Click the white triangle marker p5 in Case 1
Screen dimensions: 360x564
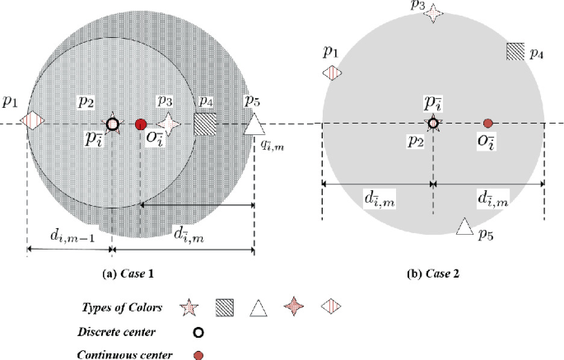pyautogui.click(x=255, y=124)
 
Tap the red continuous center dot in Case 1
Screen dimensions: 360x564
pyautogui.click(x=141, y=124)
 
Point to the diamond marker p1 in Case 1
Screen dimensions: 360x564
pyautogui.click(x=31, y=124)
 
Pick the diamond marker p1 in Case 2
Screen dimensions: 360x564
pyautogui.click(x=332, y=74)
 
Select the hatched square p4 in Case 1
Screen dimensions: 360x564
pyautogui.click(x=205, y=124)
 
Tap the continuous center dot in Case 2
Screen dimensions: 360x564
pyautogui.click(x=487, y=124)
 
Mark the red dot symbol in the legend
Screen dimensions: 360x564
pyautogui.click(x=198, y=354)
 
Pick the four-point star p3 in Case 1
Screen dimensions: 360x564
pyautogui.click(x=170, y=124)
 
